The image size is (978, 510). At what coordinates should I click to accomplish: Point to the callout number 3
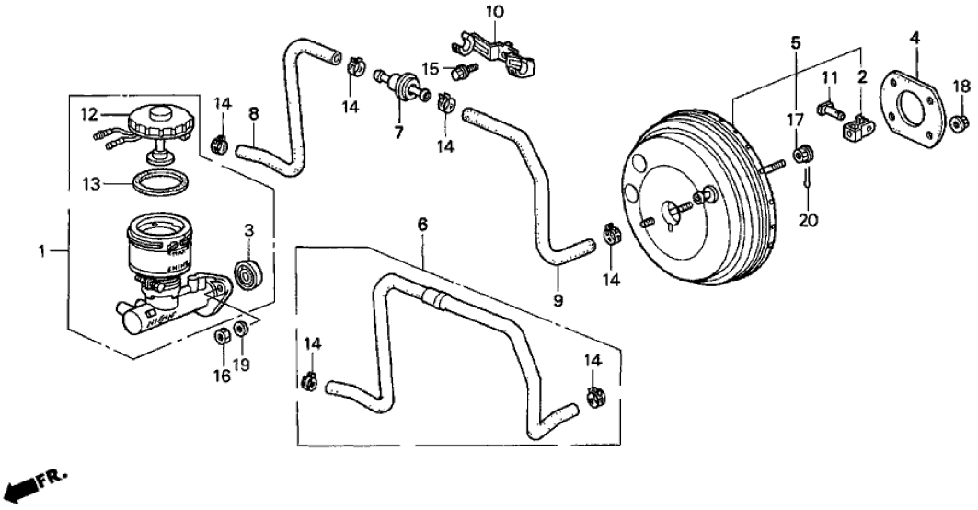click(248, 228)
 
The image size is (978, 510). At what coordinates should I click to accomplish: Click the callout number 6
click(422, 224)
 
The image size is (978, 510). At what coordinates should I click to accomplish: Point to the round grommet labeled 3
click(249, 273)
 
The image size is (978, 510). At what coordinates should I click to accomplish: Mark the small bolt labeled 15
click(461, 69)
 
